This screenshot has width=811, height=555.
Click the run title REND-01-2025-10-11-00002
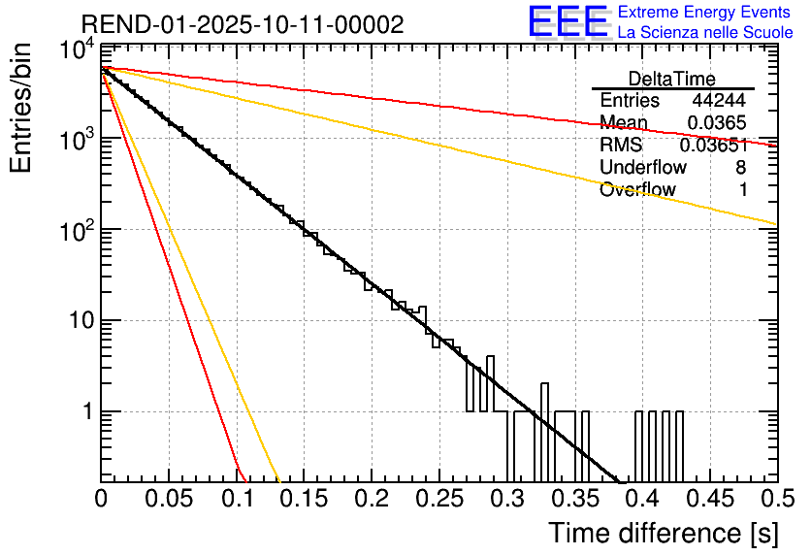(x=242, y=24)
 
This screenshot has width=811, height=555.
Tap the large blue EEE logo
(x=568, y=21)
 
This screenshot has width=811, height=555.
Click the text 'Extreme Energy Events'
(x=704, y=13)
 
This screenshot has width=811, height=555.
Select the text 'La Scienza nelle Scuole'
(x=705, y=32)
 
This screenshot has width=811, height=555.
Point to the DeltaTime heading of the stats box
(x=671, y=79)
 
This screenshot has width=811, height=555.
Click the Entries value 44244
(x=719, y=101)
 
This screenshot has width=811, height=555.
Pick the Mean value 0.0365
(x=717, y=123)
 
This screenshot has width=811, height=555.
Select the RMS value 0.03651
(x=713, y=146)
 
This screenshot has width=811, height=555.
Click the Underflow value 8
(x=740, y=168)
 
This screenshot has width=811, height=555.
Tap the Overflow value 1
(x=743, y=190)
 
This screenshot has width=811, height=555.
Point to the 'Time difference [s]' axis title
(x=662, y=533)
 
